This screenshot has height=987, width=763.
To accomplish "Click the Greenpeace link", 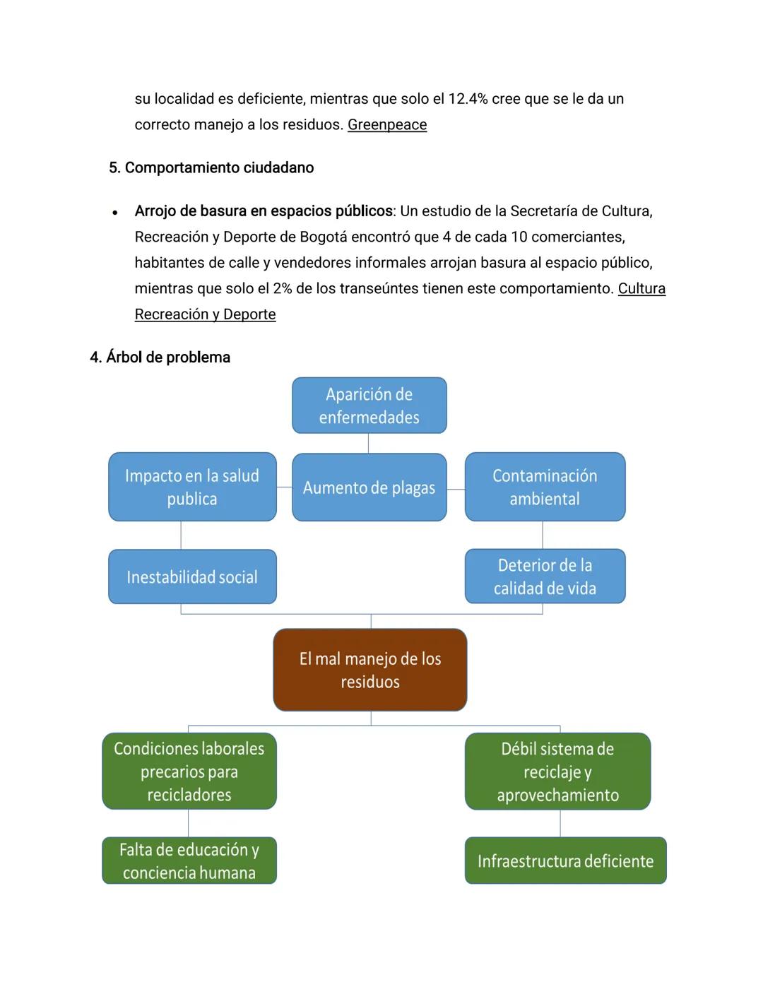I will pyautogui.click(x=386, y=125).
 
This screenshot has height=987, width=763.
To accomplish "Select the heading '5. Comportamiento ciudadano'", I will pyautogui.click(x=211, y=168).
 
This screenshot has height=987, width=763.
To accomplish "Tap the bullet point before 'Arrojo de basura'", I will pyautogui.click(x=114, y=212).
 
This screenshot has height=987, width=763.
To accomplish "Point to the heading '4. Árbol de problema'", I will pyautogui.click(x=160, y=357).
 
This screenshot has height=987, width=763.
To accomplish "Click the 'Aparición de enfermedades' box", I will pyautogui.click(x=369, y=406).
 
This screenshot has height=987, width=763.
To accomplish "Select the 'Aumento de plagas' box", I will pyautogui.click(x=369, y=487).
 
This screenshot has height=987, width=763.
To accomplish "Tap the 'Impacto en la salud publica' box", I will pyautogui.click(x=192, y=487).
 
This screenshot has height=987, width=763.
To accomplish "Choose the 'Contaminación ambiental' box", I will pyautogui.click(x=545, y=487).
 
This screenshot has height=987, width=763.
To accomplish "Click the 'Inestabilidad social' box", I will pyautogui.click(x=192, y=577).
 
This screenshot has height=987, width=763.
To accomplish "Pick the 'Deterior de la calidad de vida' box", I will pyautogui.click(x=545, y=577).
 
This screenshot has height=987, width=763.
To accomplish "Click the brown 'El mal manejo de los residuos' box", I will pyautogui.click(x=369, y=670).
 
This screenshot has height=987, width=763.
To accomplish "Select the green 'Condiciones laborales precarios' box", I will pyautogui.click(x=189, y=772).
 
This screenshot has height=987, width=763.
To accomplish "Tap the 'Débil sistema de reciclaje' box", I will pyautogui.click(x=557, y=772).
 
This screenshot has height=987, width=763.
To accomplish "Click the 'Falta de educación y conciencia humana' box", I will pyautogui.click(x=189, y=861).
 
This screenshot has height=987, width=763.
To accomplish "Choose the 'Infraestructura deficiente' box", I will pyautogui.click(x=565, y=861).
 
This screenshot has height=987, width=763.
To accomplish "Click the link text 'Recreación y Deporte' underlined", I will pyautogui.click(x=205, y=315).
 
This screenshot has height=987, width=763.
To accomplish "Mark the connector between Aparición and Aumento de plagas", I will pyautogui.click(x=368, y=444).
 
